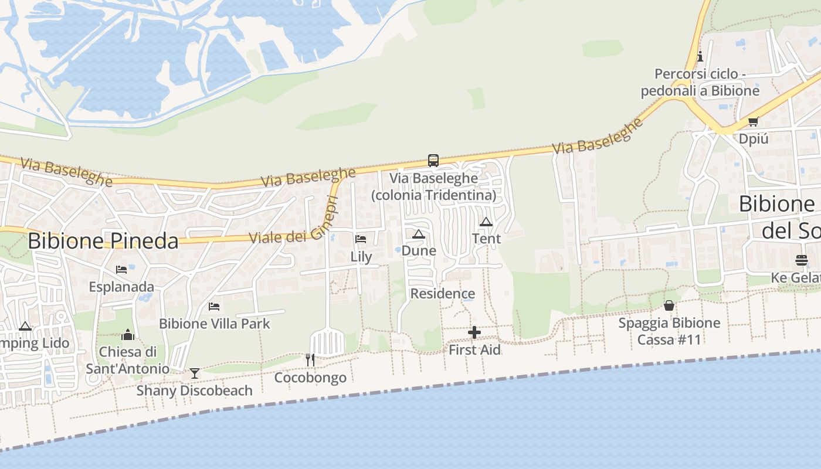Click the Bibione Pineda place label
point(103,241)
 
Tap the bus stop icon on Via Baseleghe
point(433,160)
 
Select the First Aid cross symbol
point(474,333)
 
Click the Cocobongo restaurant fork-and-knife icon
point(310,359)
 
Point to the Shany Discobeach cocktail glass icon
point(195,373)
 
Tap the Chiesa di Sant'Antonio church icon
point(128,335)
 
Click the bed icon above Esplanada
point(121,270)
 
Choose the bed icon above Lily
point(361,239)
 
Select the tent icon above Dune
point(418,235)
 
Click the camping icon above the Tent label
point(486,222)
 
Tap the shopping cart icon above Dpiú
point(753,122)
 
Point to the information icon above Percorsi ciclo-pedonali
point(700,57)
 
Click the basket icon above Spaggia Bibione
point(669,305)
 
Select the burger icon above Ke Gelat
point(802,260)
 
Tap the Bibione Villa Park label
point(215,324)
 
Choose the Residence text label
point(443,294)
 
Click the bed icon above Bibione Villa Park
point(214,306)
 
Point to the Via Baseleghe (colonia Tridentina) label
point(434,186)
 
